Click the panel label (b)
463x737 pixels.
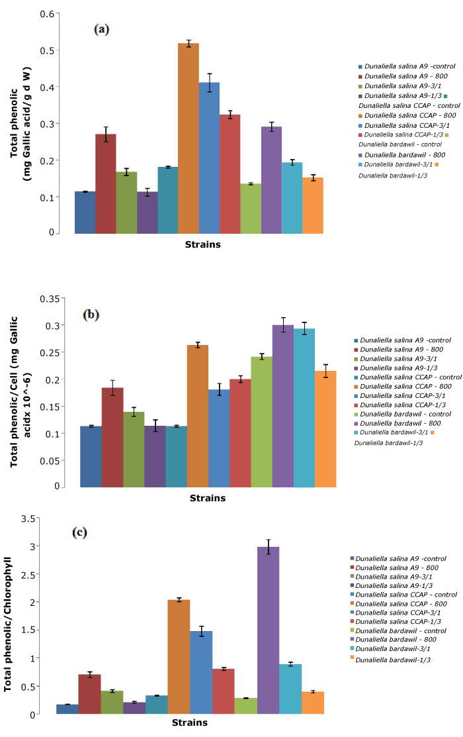click(91, 315)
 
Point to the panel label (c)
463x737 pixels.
click(81, 532)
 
